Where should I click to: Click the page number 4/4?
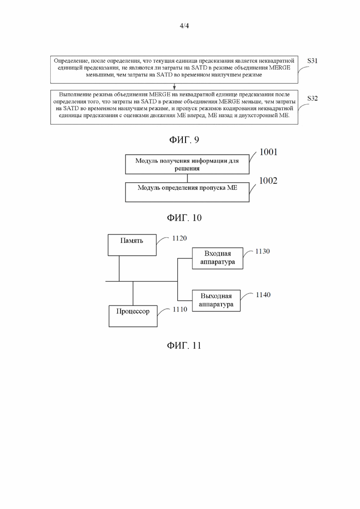(184, 26)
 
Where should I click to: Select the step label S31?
(312, 61)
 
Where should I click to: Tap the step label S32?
(312, 98)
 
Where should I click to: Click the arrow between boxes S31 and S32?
(174, 87)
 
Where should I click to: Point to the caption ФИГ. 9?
(184, 140)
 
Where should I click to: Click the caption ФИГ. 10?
(184, 217)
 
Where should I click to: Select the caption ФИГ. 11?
(184, 345)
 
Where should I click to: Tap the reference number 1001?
(269, 152)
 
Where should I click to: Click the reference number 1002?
(268, 180)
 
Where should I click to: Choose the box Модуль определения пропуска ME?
(187, 192)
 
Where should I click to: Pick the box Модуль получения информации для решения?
(187, 164)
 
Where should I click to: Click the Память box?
(132, 245)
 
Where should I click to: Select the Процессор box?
(133, 316)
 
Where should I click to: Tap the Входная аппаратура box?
(217, 258)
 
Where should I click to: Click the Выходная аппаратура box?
(216, 300)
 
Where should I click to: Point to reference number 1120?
(180, 238)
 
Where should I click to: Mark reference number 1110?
(180, 309)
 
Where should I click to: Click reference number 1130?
(262, 251)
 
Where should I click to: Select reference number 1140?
(263, 295)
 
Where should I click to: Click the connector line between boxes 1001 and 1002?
(187, 178)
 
